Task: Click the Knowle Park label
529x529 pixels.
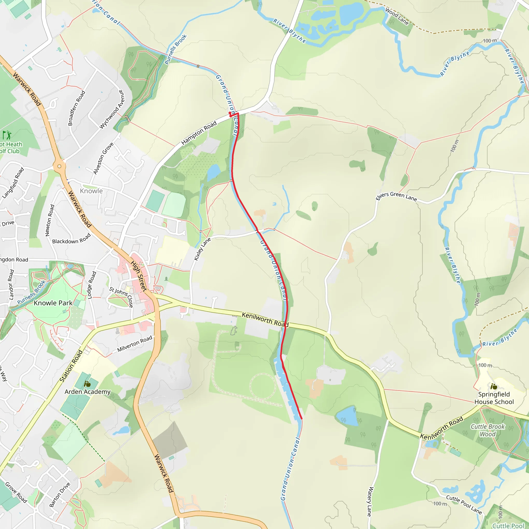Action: click(53, 303)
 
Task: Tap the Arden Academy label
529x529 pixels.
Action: click(87, 392)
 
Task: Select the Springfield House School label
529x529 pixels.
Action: click(494, 398)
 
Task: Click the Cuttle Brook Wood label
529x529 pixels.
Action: click(488, 430)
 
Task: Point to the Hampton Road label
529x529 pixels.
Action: click(199, 133)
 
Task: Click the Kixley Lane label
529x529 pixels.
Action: click(202, 249)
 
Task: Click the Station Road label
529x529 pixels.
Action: click(71, 366)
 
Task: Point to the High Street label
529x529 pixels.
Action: click(139, 276)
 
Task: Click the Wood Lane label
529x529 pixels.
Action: click(397, 17)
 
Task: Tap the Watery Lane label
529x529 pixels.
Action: click(369, 502)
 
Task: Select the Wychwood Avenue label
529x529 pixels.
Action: click(112, 109)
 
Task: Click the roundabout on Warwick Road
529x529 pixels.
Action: click(59, 166)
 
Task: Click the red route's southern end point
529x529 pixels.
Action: click(301, 418)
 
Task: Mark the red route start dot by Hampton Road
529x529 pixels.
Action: click(230, 113)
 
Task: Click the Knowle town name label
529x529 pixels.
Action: click(91, 191)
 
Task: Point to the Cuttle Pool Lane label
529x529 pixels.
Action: click(464, 504)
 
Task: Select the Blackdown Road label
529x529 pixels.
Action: click(71, 239)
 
